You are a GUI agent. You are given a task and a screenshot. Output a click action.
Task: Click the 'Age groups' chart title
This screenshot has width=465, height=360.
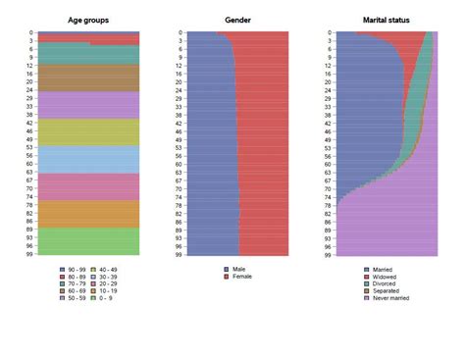point(89,20)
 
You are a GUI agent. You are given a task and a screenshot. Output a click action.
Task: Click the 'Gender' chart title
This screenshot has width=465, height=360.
point(236,20)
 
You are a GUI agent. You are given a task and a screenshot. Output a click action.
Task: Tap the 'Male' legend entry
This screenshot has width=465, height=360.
point(238,268)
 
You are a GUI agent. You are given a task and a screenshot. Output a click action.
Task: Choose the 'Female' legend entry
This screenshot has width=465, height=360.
point(241,277)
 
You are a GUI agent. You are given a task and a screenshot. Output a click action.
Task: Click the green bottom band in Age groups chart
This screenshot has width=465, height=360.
point(89,240)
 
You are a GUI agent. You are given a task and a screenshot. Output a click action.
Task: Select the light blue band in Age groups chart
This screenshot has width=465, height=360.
point(89,159)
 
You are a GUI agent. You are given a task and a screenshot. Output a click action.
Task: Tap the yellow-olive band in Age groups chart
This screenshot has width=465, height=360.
point(89,132)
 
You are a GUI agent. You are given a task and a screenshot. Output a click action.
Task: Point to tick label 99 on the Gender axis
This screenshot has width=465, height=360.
point(180,254)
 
